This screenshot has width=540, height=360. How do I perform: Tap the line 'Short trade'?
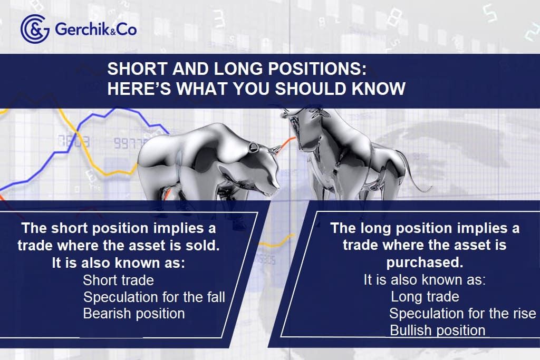(x=118, y=280)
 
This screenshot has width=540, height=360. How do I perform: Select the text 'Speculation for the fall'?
(x=154, y=297)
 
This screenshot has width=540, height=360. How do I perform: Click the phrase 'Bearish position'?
(x=134, y=314)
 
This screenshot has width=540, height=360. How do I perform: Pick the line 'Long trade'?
(x=425, y=297)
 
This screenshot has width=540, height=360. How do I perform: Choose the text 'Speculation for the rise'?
(x=462, y=314)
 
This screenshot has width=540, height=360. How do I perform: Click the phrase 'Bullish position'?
(x=438, y=330)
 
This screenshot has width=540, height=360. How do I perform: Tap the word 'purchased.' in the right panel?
(x=425, y=262)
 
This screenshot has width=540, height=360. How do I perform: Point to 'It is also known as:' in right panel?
(x=425, y=280)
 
